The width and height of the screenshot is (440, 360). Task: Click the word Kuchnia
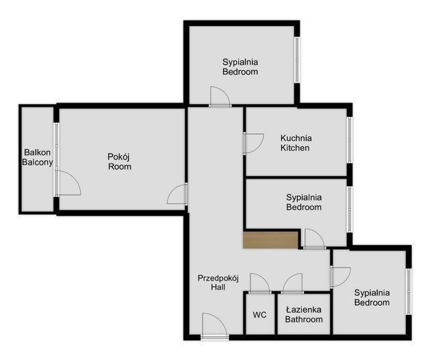pos(296,138)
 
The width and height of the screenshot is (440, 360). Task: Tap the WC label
pos(259,315)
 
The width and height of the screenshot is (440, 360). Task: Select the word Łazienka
pos(304,310)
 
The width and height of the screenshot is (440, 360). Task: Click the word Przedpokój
pos(218,279)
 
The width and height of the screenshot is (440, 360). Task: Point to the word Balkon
pos(38,153)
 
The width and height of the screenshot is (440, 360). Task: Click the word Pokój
pos(118,157)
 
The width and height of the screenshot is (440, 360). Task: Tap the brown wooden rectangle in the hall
pos(270,240)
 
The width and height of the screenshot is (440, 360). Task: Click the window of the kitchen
pos(350,140)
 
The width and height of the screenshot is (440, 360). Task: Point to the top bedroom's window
pos(297,60)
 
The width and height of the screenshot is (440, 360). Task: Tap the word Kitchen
pos(295,148)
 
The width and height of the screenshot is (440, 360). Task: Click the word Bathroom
pos(304,320)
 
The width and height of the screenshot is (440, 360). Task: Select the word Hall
pos(218,287)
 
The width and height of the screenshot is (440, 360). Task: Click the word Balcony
pos(38,162)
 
